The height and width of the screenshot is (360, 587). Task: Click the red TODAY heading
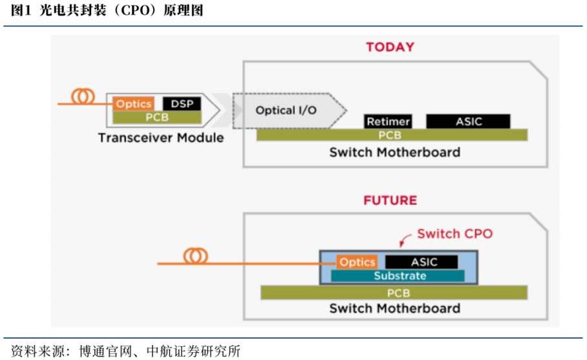tap(390, 47)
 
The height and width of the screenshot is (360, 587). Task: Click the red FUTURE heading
tap(390, 200)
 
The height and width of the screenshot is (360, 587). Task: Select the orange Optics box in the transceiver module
tap(133, 103)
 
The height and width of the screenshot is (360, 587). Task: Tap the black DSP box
tap(182, 103)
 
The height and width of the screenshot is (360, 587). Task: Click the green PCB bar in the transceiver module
tap(157, 118)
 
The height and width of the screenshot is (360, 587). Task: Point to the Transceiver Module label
tap(161, 138)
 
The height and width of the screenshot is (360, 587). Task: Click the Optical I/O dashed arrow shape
tap(288, 110)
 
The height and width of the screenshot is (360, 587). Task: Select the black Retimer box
tap(388, 122)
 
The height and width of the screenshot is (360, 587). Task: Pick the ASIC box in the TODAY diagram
tap(468, 122)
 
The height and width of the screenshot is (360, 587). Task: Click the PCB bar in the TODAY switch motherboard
tap(391, 135)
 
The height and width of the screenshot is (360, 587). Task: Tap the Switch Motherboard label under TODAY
tap(394, 153)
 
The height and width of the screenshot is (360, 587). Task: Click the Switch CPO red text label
tap(454, 233)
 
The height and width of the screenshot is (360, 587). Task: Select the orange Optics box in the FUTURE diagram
tap(357, 262)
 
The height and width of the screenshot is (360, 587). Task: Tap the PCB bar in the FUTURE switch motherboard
tap(398, 293)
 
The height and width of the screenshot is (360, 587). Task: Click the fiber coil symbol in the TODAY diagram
tap(83, 98)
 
